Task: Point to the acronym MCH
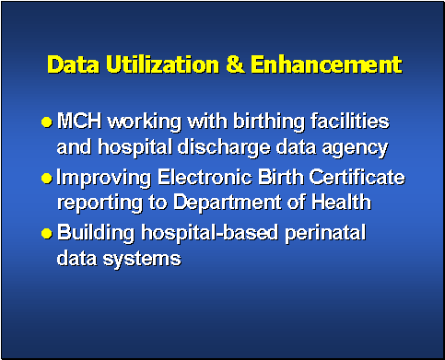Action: (x=79, y=122)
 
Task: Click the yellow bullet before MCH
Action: (x=46, y=122)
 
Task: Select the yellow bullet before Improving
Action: (x=46, y=178)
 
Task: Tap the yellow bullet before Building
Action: (x=46, y=234)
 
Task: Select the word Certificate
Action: (x=355, y=177)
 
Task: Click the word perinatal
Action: (x=323, y=233)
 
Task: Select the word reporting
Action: (x=94, y=203)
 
